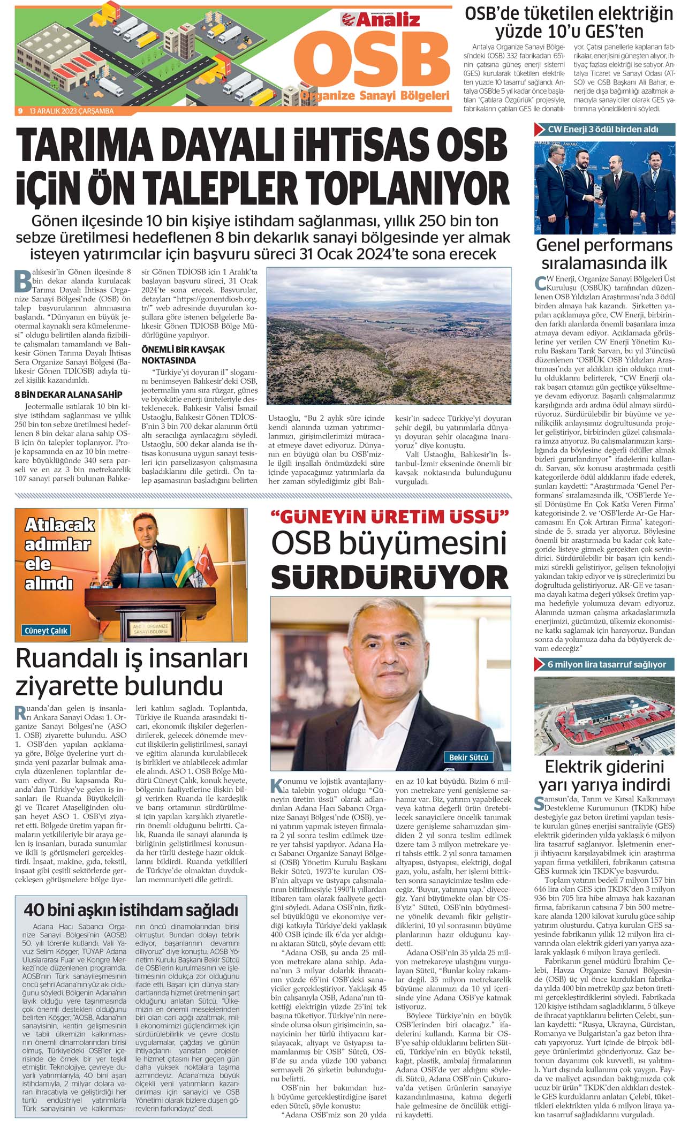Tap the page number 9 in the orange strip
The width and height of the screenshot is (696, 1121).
[x=20, y=111]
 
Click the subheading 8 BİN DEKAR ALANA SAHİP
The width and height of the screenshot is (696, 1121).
[x=68, y=395]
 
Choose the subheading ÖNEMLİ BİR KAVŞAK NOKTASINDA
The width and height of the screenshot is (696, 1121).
[x=183, y=354]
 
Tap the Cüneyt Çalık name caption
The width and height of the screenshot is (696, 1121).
[x=46, y=631]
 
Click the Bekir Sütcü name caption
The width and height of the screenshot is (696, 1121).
[x=468, y=758]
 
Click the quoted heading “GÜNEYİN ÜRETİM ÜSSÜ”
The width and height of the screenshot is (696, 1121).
[x=390, y=517]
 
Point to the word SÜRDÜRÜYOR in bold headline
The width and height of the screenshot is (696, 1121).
[x=390, y=578]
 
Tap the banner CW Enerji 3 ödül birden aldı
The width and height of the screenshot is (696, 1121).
[x=602, y=130]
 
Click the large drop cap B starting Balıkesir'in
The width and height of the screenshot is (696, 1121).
[x=22, y=279]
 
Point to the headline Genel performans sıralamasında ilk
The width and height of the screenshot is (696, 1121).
[x=604, y=254]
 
